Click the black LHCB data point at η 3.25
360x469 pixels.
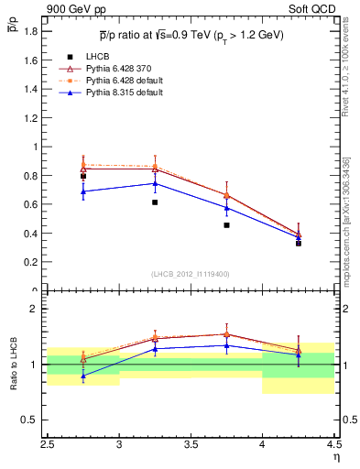(155, 202)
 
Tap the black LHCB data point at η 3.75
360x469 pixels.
(226, 224)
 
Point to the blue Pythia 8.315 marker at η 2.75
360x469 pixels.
(83, 191)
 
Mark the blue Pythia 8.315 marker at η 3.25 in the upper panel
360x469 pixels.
(155, 183)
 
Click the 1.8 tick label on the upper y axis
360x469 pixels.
(29, 31)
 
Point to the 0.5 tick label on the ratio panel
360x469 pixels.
(29, 420)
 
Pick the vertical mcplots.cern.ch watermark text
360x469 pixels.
(347, 216)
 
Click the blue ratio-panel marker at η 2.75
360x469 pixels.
(83, 376)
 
